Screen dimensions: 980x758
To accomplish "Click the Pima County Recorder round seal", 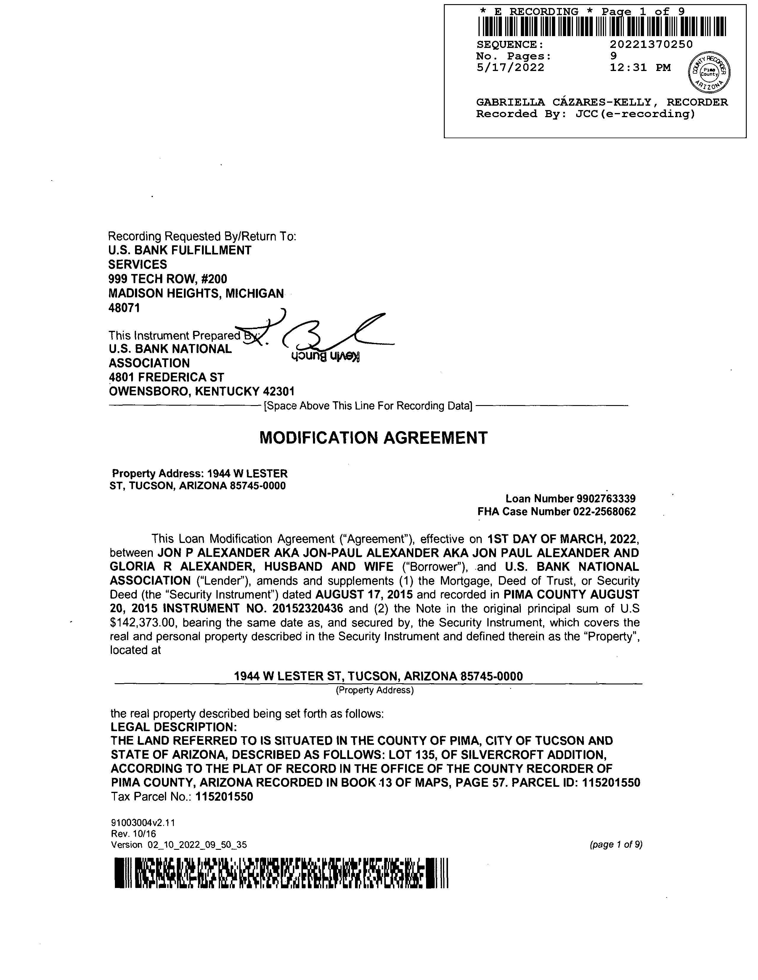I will [x=709, y=72].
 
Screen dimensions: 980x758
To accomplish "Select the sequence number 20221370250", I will [x=651, y=44].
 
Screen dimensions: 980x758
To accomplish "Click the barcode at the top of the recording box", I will [x=602, y=26].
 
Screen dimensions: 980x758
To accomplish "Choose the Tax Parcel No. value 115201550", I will [x=224, y=797].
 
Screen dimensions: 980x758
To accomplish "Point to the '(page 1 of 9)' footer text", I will [x=616, y=844].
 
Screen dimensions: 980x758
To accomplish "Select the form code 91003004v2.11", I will [x=142, y=823].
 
